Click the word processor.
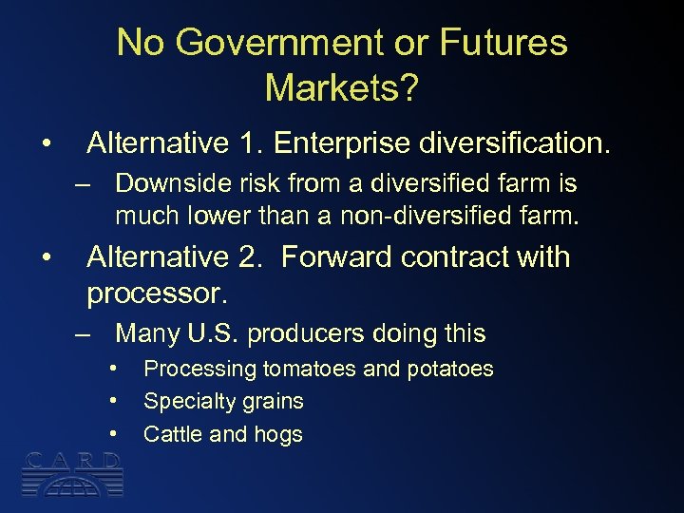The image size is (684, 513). pyautogui.click(x=157, y=294)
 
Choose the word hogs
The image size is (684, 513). pyautogui.click(x=278, y=434)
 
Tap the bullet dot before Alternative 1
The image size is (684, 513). pyautogui.click(x=46, y=143)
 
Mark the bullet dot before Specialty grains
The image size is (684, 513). pyautogui.click(x=113, y=401)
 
